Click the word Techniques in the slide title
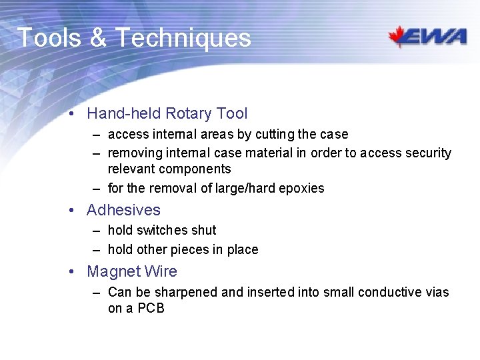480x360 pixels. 183,38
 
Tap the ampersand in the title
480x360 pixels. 97,38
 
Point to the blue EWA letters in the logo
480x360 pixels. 440,37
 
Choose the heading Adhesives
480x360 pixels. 123,210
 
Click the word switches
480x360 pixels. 163,230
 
